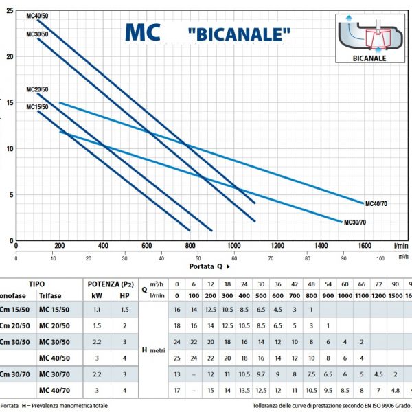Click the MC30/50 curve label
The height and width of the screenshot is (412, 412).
[37, 34]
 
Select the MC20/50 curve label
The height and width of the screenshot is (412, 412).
[37, 90]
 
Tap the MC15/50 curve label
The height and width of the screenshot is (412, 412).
[37, 107]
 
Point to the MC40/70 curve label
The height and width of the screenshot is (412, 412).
[379, 203]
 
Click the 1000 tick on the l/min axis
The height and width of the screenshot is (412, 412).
[234, 246]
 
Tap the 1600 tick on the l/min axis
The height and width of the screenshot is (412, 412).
[364, 246]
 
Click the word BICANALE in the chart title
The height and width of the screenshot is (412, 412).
[238, 33]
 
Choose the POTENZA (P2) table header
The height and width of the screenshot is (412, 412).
[110, 283]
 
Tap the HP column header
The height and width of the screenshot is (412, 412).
[124, 295]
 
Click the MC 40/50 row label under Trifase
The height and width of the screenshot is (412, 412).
[55, 357]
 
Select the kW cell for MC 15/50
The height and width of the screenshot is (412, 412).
[98, 310]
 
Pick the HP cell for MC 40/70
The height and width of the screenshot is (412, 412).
[124, 389]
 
